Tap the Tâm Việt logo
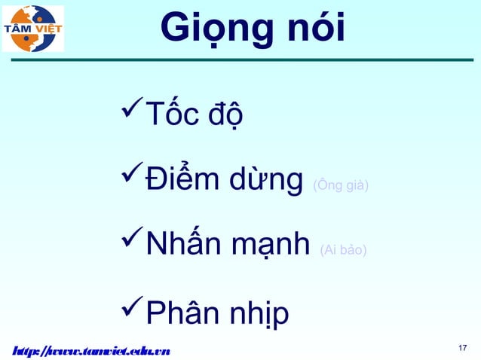coord(33,29)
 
